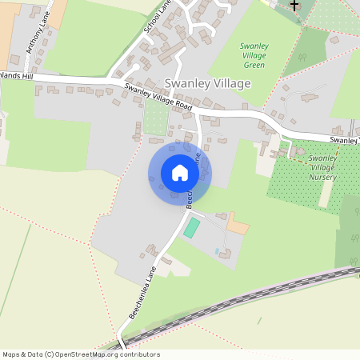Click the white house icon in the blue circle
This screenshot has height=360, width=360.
(180, 173)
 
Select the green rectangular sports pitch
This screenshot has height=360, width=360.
(192, 227)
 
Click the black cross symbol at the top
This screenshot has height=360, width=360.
(294, 5)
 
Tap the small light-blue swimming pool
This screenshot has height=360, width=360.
(217, 252)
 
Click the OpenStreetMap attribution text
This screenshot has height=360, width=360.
(81, 354)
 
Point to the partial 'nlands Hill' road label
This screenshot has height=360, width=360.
(17, 76)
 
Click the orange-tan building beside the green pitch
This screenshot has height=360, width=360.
(238, 225)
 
